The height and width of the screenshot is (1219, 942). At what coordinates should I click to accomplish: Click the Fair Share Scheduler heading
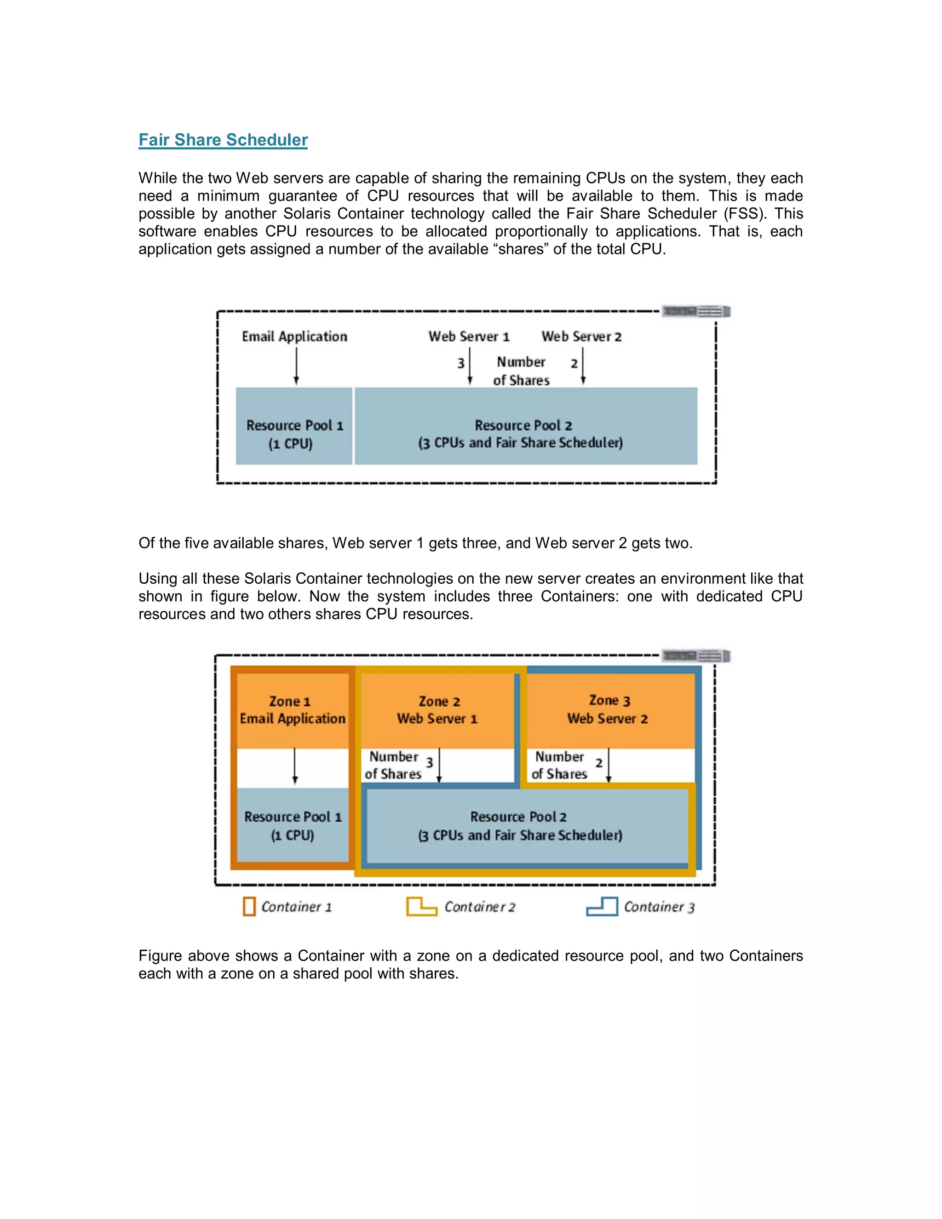click(223, 140)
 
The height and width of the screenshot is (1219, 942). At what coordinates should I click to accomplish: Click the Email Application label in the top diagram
click(294, 337)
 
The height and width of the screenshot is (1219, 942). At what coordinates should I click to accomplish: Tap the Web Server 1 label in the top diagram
click(469, 337)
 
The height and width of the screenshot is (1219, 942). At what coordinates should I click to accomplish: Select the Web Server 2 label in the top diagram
click(581, 337)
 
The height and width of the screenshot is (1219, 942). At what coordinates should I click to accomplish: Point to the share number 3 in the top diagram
click(461, 363)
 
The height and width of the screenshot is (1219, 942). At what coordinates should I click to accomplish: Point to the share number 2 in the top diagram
click(574, 363)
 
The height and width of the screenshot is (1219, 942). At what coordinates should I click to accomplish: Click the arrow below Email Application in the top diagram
click(296, 366)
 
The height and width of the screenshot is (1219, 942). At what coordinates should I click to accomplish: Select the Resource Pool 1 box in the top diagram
click(294, 426)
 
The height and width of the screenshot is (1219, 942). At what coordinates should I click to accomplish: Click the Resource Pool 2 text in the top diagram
click(523, 426)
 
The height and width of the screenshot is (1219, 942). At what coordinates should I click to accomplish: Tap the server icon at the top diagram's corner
click(696, 311)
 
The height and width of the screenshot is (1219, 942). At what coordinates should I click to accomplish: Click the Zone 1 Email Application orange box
click(293, 710)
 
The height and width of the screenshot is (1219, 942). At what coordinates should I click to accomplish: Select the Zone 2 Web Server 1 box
click(437, 710)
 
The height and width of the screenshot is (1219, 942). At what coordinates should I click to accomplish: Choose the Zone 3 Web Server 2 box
click(608, 710)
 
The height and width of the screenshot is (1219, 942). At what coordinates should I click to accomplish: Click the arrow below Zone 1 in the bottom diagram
click(295, 767)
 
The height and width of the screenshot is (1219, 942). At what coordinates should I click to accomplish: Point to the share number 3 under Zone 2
click(429, 762)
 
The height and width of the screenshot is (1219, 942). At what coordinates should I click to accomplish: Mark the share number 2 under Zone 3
click(598, 762)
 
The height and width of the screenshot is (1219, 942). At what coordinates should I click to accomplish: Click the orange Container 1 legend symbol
click(249, 907)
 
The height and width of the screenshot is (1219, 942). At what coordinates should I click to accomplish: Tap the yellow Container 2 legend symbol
click(421, 907)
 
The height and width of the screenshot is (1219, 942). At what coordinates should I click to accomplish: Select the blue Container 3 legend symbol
click(602, 907)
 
